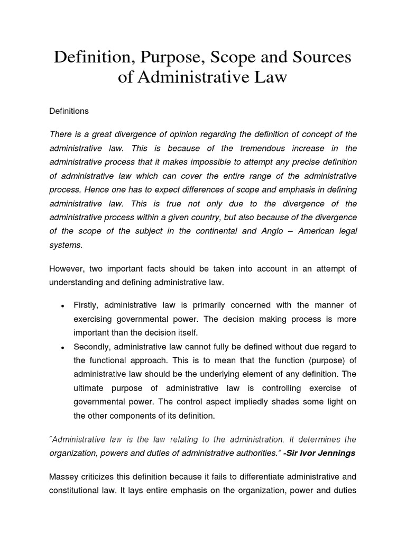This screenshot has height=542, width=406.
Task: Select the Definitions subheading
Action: [69, 111]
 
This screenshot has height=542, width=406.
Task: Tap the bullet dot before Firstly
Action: [63, 306]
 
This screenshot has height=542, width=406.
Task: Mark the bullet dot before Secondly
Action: [63, 347]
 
